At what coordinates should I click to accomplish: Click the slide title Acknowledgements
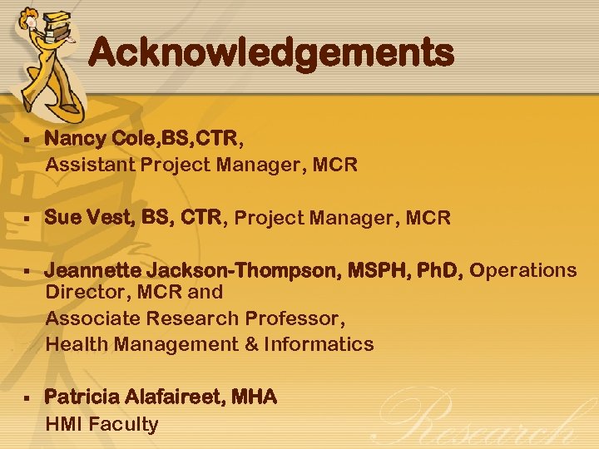pyautogui.click(x=271, y=53)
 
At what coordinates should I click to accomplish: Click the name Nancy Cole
pyautogui.click(x=92, y=139)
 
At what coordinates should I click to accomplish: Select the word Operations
pyautogui.click(x=523, y=270)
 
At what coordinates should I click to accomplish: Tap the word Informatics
pyautogui.click(x=319, y=343)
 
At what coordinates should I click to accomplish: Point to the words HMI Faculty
pyautogui.click(x=101, y=424)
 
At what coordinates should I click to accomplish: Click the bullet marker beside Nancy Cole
pyautogui.click(x=28, y=139)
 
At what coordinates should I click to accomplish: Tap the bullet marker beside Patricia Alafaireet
pyautogui.click(x=28, y=397)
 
